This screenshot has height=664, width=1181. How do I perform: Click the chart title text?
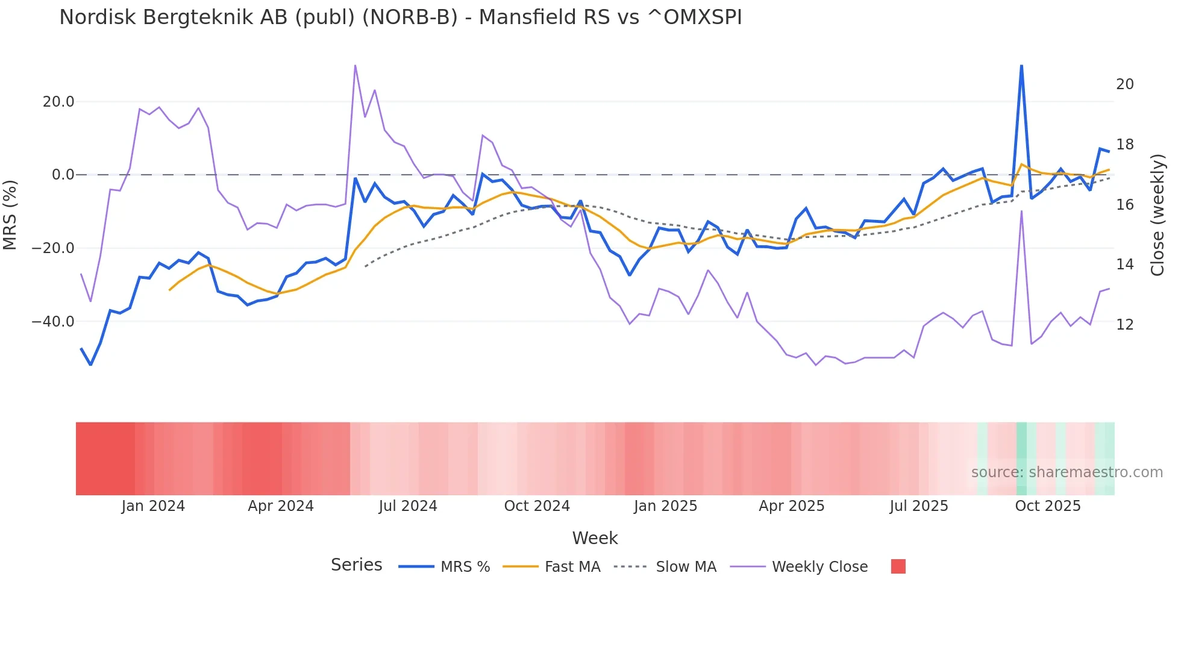coord(400,17)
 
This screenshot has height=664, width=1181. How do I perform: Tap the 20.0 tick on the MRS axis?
coord(58,102)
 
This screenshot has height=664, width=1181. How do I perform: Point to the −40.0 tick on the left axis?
coord(53,322)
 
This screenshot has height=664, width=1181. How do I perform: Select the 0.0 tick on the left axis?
coord(63,175)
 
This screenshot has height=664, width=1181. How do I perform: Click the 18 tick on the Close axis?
coord(1124,145)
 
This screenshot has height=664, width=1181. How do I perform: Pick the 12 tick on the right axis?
coord(1124,325)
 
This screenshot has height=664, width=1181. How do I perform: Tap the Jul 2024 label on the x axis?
coord(408,506)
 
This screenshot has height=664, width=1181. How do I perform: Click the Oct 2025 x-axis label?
coord(1048,506)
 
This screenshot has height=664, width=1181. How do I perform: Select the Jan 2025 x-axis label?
coord(665,506)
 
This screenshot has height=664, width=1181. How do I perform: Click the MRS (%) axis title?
coord(10,215)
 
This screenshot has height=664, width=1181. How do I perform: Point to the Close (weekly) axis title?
coord(1157,215)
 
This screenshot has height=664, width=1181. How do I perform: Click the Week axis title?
coord(595,538)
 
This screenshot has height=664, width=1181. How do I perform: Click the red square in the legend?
coord(898,566)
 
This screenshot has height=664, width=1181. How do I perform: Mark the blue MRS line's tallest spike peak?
coord(1021,66)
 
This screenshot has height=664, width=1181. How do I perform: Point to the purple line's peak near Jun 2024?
coord(355,66)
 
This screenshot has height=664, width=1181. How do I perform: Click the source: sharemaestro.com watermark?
coord(1067,472)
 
